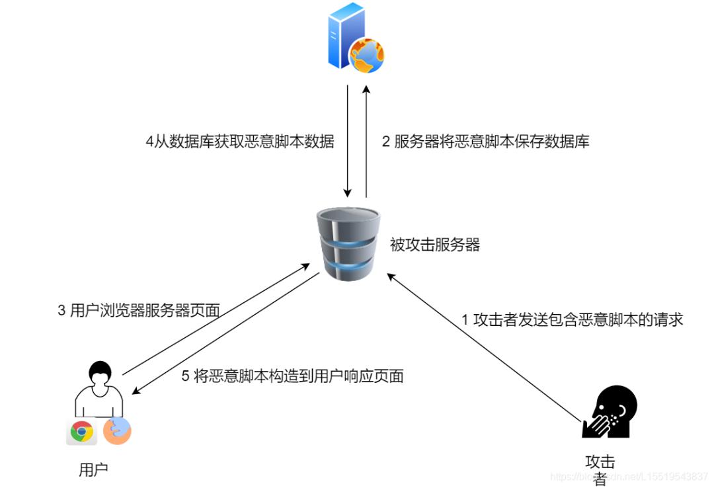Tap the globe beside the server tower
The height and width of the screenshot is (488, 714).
(367, 55)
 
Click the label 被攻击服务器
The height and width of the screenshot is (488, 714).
(434, 245)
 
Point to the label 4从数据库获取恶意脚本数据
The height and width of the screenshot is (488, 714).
(239, 141)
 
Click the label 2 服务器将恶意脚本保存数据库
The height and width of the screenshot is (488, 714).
(485, 141)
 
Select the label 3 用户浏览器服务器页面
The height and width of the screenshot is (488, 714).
(138, 311)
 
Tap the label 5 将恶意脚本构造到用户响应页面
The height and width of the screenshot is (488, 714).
(292, 376)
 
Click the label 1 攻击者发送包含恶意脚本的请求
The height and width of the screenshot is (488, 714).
(572, 319)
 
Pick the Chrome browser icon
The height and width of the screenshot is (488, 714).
(82, 432)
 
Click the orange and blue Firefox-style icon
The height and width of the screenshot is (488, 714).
(117, 431)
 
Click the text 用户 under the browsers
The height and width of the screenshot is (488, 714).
(93, 470)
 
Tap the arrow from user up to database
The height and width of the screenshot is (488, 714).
(216, 319)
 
